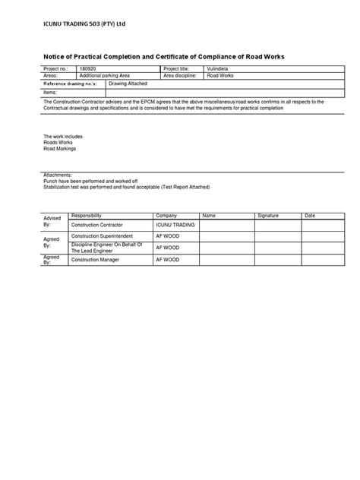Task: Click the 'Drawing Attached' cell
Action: click(125, 84)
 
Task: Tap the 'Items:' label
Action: click(52, 91)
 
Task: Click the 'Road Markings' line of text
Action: click(60, 149)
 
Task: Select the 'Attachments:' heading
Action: click(58, 173)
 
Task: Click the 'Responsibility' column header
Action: click(86, 216)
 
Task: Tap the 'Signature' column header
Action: click(268, 216)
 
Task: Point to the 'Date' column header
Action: click(309, 216)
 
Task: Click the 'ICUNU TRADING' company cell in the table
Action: click(175, 226)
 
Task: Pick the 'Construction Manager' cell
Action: click(96, 260)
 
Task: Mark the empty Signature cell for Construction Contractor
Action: click(278, 226)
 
